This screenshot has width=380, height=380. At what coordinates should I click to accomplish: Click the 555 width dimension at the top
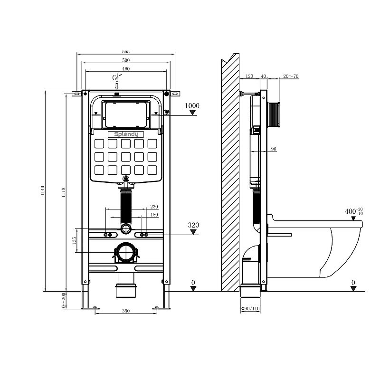tap(126, 51)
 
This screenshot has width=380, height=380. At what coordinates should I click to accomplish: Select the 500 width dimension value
tap(126, 60)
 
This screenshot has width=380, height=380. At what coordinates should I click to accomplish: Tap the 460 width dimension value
tap(126, 69)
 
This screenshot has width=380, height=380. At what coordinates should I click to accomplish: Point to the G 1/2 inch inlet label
tap(116, 78)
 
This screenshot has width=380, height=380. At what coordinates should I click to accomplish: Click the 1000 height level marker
tap(192, 106)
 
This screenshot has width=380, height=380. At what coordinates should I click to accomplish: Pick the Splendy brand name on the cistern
tap(125, 134)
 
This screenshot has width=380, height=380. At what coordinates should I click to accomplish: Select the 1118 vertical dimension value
tap(63, 192)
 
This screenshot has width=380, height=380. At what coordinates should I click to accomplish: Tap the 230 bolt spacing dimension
tap(154, 207)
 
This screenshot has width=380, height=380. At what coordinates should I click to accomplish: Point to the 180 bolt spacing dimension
tap(154, 215)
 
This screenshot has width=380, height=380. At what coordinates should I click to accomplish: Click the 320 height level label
tap(193, 225)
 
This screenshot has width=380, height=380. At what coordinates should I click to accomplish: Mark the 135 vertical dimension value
tap(74, 242)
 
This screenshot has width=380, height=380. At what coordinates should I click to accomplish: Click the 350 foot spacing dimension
tap(126, 311)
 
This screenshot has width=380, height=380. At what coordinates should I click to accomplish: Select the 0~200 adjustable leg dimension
tap(64, 301)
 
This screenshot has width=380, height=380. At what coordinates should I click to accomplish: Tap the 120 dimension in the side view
tap(249, 76)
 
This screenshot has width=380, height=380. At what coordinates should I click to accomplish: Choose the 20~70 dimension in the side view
tap(291, 76)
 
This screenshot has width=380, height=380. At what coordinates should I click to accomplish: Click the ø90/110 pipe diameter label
tap(251, 309)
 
